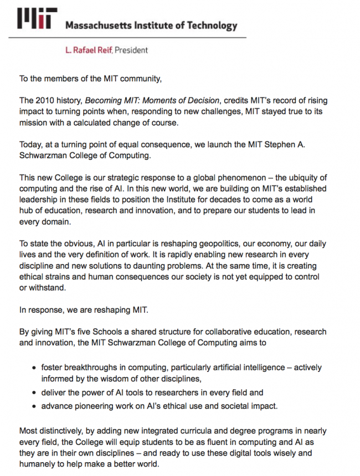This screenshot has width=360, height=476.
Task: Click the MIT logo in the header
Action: [37, 20]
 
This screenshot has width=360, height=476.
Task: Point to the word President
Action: [131, 50]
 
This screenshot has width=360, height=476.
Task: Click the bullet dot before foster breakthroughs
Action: [35, 368]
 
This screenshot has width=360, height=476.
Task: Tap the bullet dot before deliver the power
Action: [35, 392]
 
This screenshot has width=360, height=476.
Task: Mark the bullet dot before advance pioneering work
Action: [35, 406]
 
